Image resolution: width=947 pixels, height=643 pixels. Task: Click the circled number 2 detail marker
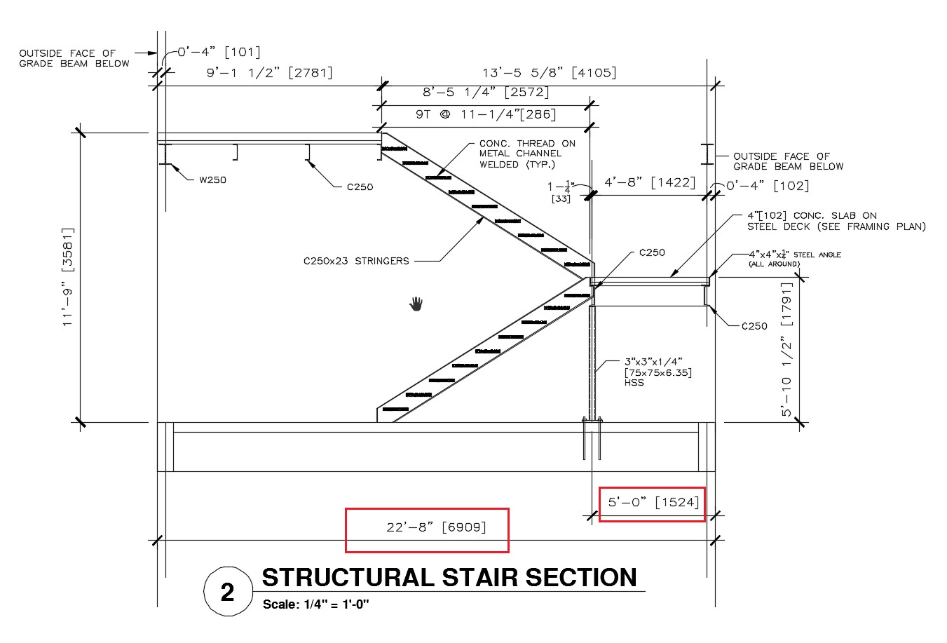227,593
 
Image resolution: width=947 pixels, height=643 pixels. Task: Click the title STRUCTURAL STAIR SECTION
449,578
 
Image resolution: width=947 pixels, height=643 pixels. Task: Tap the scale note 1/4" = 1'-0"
315,604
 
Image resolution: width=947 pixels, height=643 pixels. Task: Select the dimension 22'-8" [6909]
427,527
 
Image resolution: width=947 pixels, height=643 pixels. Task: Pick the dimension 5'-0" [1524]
653,502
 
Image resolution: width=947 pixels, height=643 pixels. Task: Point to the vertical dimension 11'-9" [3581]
68,277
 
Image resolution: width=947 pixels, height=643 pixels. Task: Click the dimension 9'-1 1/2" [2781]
269,72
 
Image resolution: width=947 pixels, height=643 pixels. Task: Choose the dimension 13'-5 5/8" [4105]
550,72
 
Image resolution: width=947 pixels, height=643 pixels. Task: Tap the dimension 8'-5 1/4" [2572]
486,92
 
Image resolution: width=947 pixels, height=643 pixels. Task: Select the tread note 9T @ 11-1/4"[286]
486,114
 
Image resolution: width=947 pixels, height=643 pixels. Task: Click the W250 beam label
212,180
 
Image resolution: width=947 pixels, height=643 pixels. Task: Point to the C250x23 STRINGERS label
356,261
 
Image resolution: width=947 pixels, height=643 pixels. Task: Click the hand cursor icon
416,304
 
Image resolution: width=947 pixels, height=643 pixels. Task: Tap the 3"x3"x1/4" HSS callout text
658,372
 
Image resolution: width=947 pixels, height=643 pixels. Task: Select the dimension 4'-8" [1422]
650,183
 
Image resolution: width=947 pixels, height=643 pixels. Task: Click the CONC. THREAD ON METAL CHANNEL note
527,154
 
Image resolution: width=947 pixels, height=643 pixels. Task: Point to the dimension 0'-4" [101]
218,52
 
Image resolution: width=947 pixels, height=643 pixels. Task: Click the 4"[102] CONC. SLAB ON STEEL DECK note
836,221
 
